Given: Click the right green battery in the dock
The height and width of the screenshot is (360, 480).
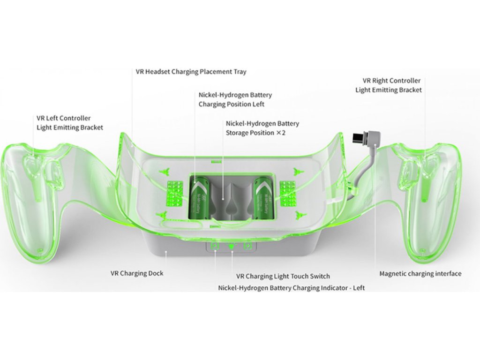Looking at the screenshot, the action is pos(261,198).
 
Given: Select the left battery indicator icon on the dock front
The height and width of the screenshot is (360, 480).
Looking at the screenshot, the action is pos(215,246).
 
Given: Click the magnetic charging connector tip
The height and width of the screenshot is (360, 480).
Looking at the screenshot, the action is pos(358,138).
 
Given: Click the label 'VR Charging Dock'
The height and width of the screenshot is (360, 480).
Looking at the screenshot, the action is pos(137,273).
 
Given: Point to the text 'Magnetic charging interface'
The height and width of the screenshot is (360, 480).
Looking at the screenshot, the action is pos(420,274).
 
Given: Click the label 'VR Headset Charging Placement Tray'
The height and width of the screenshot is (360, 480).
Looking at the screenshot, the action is pos(191,72).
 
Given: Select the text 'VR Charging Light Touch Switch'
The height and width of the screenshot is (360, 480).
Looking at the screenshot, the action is pos(283,276).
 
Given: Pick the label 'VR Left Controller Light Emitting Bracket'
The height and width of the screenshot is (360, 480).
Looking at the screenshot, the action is pos(70,123).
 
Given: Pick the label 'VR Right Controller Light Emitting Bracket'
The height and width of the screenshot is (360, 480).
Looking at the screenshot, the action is pos(388,85).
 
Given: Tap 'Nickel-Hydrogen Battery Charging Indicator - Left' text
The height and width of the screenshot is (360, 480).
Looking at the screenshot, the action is pos(291,287).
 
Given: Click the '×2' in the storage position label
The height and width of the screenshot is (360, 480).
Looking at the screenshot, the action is pos(281,133).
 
